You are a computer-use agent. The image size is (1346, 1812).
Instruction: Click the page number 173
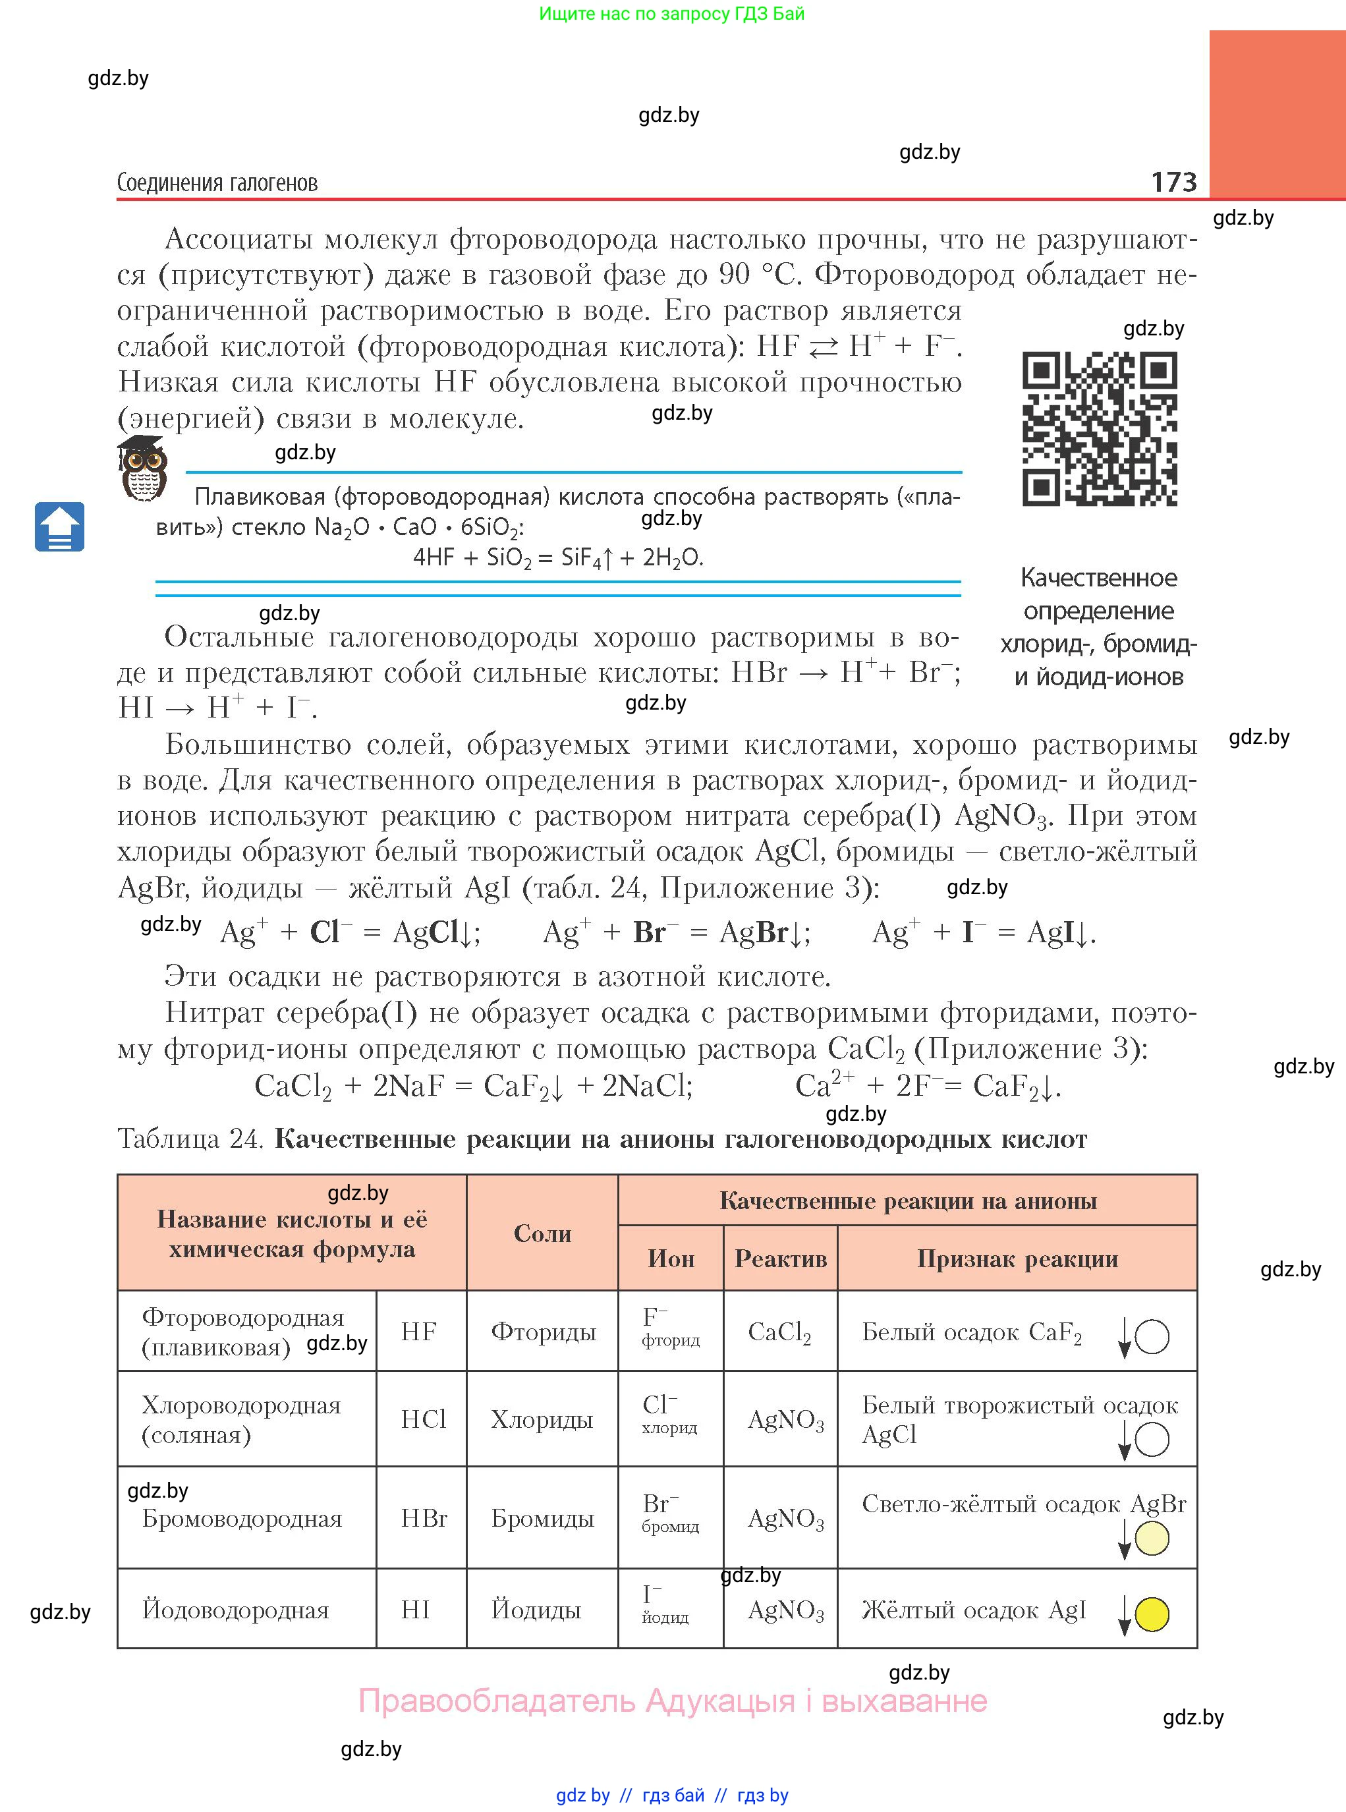(1173, 182)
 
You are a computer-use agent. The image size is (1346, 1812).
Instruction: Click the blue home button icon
(59, 527)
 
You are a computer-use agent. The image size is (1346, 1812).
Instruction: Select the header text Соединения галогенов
(217, 183)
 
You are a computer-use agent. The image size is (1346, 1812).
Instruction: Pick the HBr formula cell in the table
(423, 1518)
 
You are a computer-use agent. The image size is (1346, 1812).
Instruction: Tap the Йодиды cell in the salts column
(536, 1609)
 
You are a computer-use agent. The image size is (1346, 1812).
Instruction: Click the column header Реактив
(780, 1259)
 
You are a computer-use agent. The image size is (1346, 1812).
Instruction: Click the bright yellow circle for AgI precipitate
(1151, 1614)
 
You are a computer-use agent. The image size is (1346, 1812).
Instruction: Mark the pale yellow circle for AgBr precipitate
(1151, 1539)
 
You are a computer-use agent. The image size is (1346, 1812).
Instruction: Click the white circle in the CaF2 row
(1151, 1337)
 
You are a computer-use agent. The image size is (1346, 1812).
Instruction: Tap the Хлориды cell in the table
(541, 1420)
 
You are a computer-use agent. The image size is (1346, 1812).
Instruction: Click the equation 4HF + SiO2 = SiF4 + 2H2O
(558, 557)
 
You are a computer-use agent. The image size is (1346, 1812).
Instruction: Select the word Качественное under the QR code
(1098, 578)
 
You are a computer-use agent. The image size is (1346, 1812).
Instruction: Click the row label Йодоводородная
(235, 1609)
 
